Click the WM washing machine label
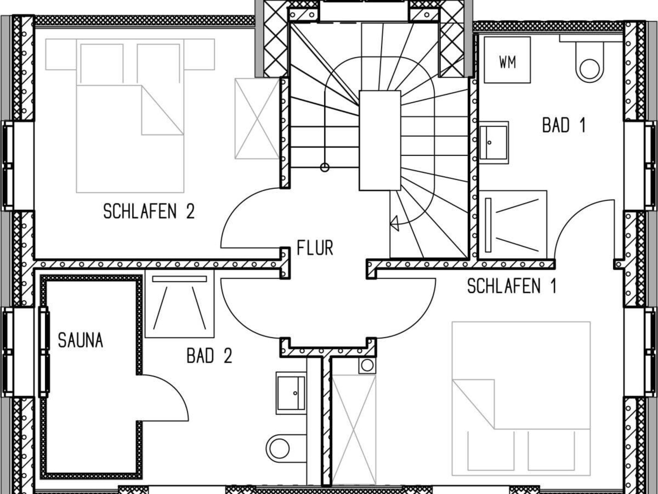[x=508, y=62]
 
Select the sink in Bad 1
[x=493, y=142]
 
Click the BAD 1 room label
[x=564, y=125]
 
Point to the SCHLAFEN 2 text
[x=149, y=211]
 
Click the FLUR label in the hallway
[x=315, y=248]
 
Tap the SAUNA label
[x=81, y=340]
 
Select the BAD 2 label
[x=209, y=356]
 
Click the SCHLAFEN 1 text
[x=511, y=286]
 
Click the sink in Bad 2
[x=291, y=393]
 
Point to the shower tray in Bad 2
[x=180, y=304]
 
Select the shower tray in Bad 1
[x=513, y=225]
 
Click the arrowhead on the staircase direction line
[x=394, y=224]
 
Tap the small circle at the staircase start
[x=325, y=167]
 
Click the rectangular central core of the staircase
[x=380, y=140]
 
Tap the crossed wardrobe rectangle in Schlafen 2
[x=257, y=119]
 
